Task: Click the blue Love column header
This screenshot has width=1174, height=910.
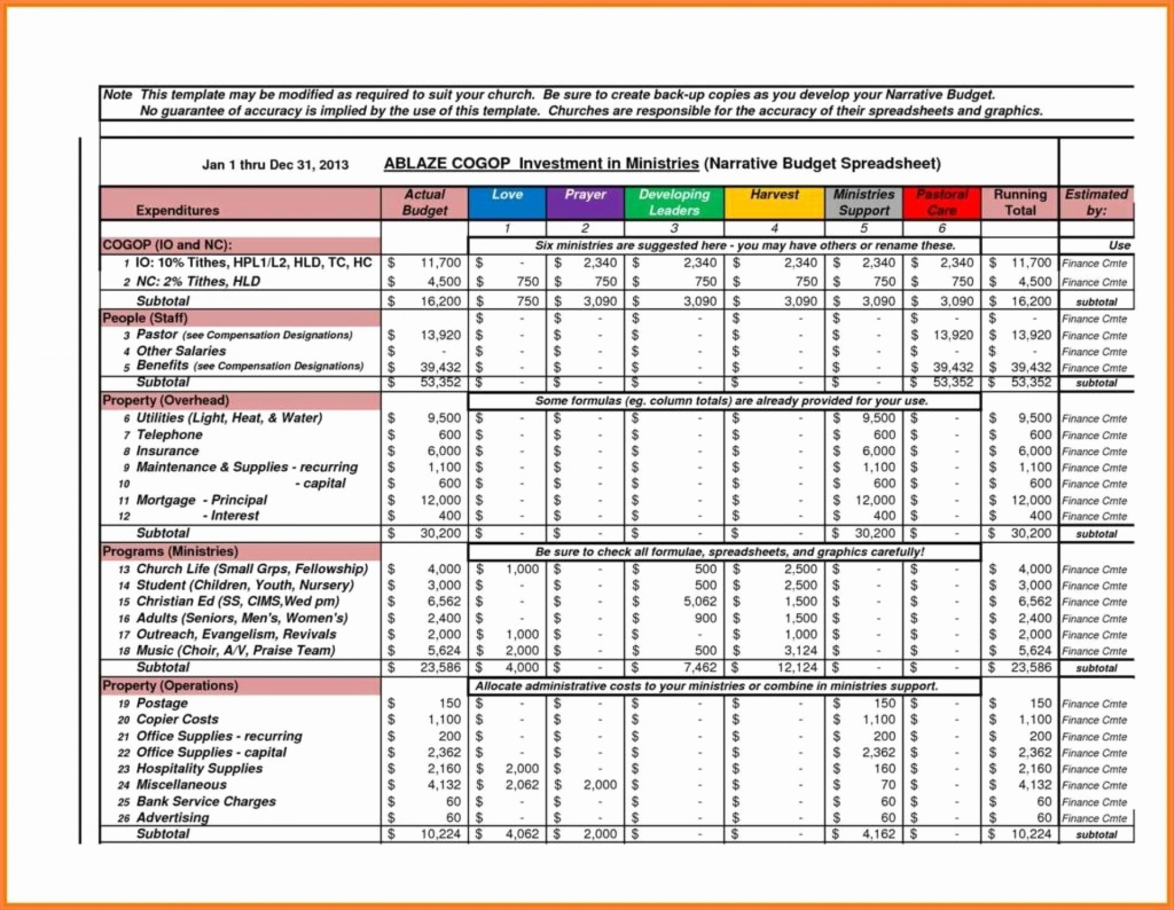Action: coord(506,202)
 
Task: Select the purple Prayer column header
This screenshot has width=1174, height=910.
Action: coord(585,202)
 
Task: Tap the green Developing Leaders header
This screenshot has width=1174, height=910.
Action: coord(674,202)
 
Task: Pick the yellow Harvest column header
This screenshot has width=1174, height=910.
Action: coord(774,202)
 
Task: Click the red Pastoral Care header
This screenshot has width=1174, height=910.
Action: coord(942,202)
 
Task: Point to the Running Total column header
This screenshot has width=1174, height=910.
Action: coord(1019,202)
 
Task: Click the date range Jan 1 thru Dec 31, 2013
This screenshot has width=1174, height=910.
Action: coord(275,165)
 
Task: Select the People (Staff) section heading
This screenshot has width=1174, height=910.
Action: coord(146,318)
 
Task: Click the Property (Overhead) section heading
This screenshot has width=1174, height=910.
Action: coord(166,400)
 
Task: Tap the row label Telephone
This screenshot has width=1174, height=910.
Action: coord(169,435)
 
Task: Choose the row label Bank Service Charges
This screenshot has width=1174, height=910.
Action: coord(206,801)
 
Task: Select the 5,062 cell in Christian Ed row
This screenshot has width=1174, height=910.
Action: coord(700,602)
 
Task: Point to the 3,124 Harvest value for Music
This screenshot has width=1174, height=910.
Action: coord(800,651)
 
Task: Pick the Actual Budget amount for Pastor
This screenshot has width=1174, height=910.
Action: coord(440,335)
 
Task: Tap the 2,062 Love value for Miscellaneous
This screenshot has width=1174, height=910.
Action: coord(522,785)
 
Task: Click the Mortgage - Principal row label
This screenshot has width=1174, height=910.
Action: coord(202,500)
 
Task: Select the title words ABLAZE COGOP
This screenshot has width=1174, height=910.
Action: coord(446,164)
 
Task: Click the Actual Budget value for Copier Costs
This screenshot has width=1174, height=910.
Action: coord(444,720)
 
